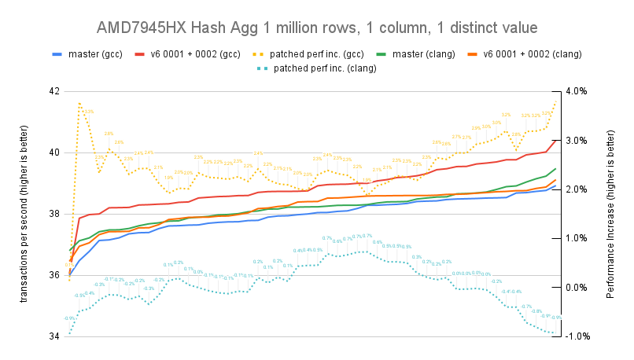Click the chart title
(x=316, y=28)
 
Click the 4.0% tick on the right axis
(x=576, y=91)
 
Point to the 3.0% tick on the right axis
(x=576, y=140)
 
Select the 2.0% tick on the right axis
(x=576, y=189)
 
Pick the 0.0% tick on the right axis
(x=576, y=288)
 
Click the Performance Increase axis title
(x=611, y=214)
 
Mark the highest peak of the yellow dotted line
(x=79, y=102)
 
